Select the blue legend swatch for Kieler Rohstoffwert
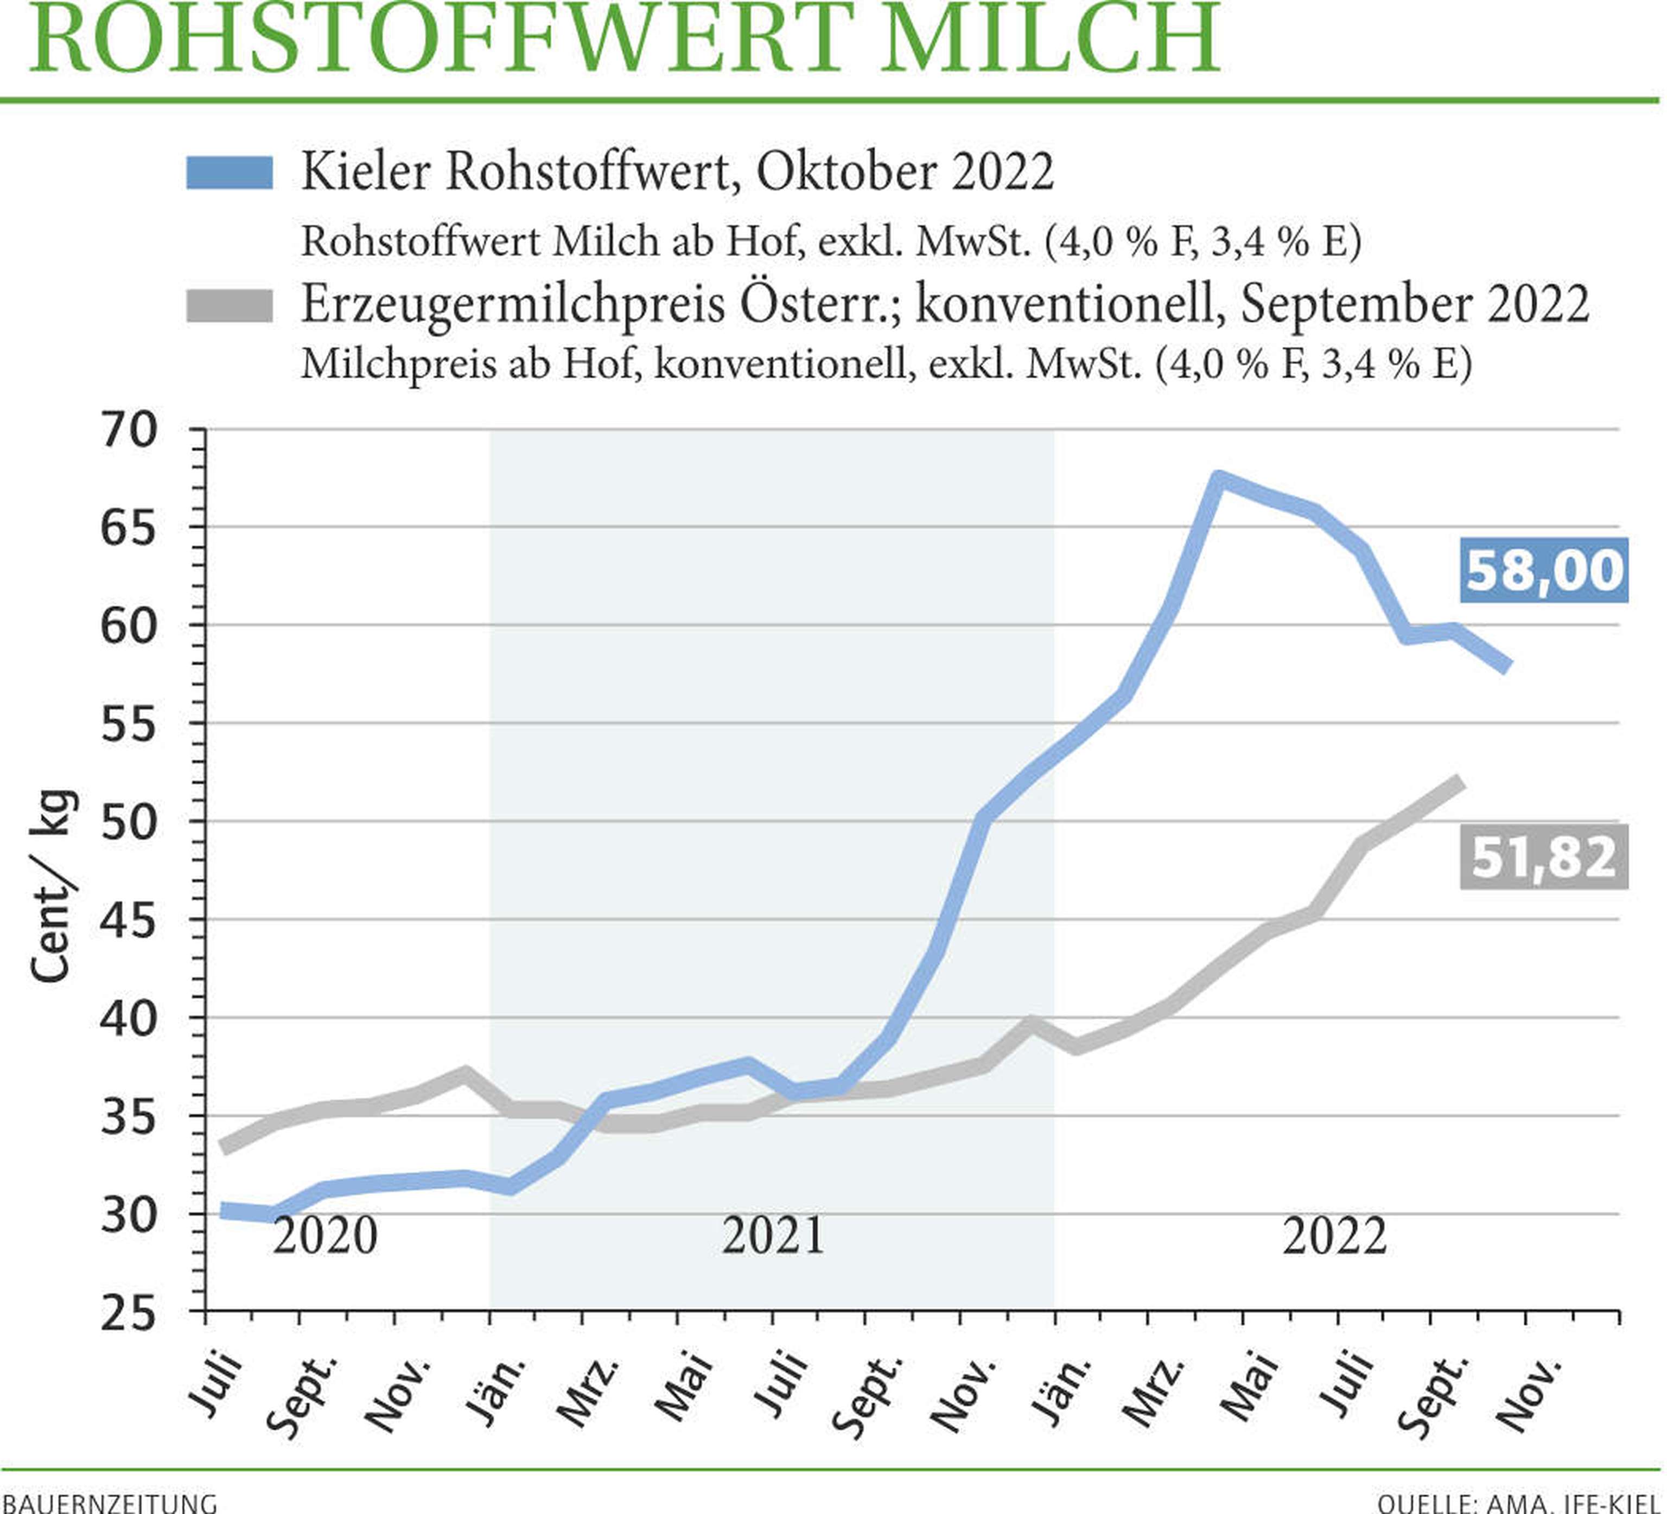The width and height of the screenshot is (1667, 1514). (x=229, y=173)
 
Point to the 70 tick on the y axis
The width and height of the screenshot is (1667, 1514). (x=128, y=431)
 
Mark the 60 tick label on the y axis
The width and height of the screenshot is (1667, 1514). (x=128, y=627)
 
